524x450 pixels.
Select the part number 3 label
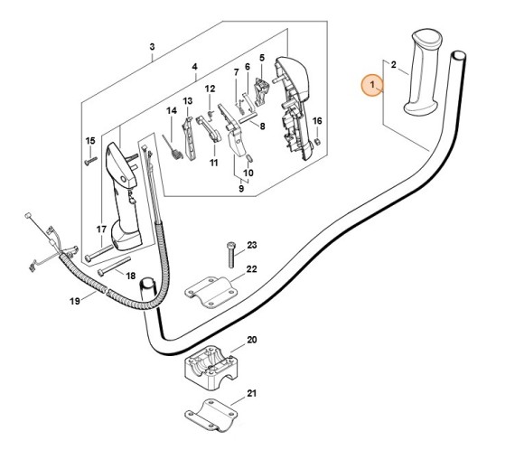click(153, 47)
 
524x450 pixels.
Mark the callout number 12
click(209, 89)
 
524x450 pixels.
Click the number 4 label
click(194, 67)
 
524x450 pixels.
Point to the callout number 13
click(188, 100)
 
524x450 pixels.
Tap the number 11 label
click(214, 163)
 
